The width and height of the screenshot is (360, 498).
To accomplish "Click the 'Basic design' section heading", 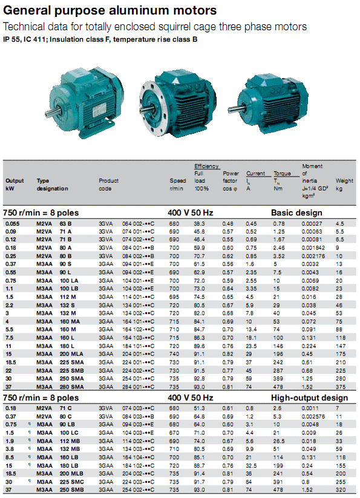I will (296, 213).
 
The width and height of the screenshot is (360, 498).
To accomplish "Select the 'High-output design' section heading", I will (308, 398).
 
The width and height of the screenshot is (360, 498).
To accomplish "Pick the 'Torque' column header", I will (282, 174).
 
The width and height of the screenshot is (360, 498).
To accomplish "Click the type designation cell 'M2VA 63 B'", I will (53, 223).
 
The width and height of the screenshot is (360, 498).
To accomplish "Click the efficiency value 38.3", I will (200, 223).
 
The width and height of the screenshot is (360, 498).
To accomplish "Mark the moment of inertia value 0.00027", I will (312, 223).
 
